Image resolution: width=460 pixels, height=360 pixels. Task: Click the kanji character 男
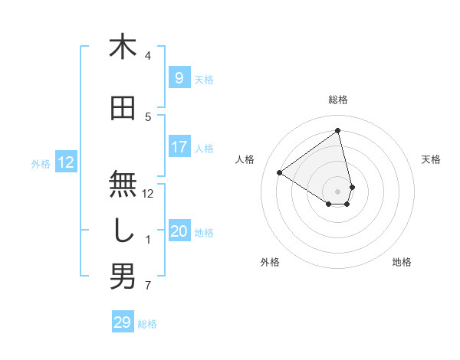tap(123, 277)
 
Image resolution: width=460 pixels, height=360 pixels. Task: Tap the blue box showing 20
tap(179, 231)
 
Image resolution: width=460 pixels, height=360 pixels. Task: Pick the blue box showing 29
tap(122, 322)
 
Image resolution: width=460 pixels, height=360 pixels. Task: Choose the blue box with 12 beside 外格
tap(66, 162)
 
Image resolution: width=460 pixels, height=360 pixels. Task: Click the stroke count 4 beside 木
tap(148, 56)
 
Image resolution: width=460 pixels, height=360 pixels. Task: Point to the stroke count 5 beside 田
tap(148, 117)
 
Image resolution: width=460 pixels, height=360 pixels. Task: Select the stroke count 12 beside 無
tap(149, 194)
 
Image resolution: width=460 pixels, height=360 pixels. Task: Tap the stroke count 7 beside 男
tap(148, 286)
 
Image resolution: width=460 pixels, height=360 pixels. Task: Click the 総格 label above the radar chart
tap(338, 100)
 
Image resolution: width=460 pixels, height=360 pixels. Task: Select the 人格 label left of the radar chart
tap(245, 159)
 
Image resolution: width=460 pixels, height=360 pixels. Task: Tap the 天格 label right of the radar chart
tap(431, 159)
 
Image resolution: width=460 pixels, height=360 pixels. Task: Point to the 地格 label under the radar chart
tap(402, 262)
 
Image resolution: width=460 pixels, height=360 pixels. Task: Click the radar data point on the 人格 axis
tap(280, 172)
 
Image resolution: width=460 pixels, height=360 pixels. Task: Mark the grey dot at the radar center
tap(338, 191)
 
